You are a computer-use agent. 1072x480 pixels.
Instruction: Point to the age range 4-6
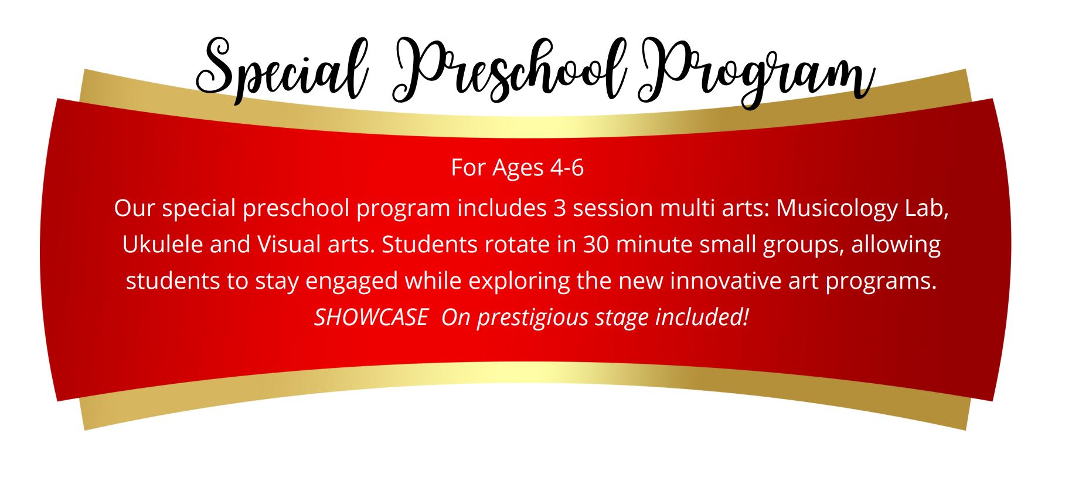click(567, 168)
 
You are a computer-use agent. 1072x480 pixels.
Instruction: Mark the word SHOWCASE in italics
click(371, 317)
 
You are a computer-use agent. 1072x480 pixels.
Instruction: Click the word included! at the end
click(702, 317)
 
